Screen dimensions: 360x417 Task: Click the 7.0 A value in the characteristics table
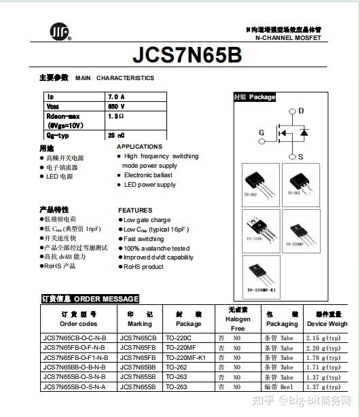117,97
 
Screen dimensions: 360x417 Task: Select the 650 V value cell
117,107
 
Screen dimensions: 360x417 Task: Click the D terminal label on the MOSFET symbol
301,111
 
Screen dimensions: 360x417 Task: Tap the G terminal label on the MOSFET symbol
261,132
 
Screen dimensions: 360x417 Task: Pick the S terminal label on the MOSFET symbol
301,156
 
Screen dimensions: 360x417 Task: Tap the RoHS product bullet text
143,267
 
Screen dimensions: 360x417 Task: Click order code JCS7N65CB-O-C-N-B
74,338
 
